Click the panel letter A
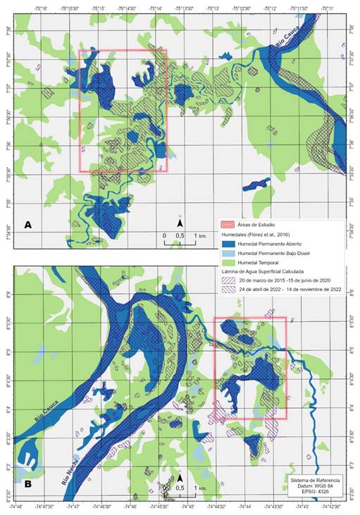[x=28, y=225]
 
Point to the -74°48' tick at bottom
[x=15, y=507]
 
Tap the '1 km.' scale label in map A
[x=200, y=235]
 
